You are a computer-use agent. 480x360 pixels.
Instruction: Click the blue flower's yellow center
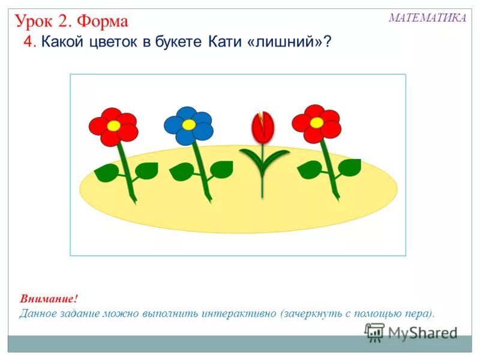pos(188,124)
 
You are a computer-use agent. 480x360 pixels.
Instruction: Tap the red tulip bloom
pos(262,127)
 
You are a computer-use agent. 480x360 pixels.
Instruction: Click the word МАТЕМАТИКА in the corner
pos(427,18)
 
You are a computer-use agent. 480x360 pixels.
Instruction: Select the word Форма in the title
pos(102,22)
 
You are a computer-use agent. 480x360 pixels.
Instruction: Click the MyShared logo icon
pos(375,332)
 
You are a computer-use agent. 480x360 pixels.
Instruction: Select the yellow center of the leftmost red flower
pos(113,126)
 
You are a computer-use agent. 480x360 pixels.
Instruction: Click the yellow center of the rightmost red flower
pos(316,122)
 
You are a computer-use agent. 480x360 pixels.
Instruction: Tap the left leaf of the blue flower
pos(181,172)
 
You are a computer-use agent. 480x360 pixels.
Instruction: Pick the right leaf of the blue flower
pos(221,169)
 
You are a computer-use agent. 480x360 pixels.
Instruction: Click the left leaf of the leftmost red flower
pos(107,173)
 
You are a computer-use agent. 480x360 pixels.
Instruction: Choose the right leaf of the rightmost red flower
pos(349,167)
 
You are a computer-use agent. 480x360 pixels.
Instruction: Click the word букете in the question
pos(179,43)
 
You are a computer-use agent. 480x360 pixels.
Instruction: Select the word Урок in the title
pos(35,22)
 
